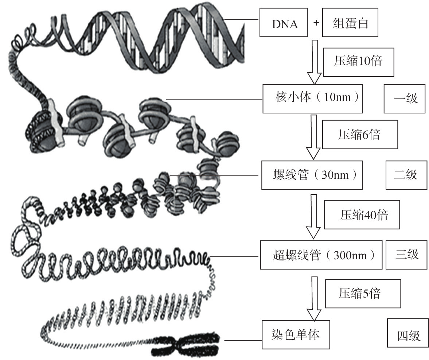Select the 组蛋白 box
[x=350, y=24]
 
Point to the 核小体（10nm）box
[x=312, y=98]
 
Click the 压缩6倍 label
[x=360, y=135]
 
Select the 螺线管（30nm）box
[x=312, y=175]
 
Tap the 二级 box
[x=406, y=175]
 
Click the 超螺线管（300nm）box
[x=321, y=255]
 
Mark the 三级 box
[x=407, y=254]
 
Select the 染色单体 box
[x=296, y=334]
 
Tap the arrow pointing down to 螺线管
[x=313, y=137]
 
